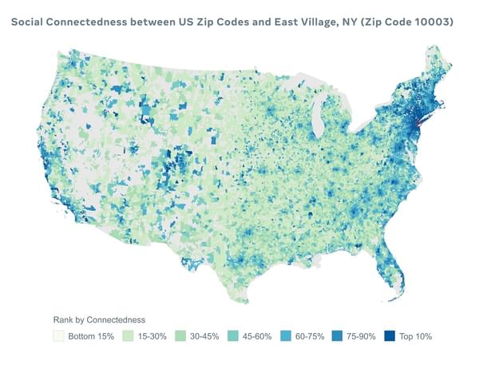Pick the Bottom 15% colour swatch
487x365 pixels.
[x=58, y=336]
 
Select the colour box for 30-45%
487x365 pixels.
[x=180, y=336]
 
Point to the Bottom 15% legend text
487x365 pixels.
[x=89, y=336]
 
